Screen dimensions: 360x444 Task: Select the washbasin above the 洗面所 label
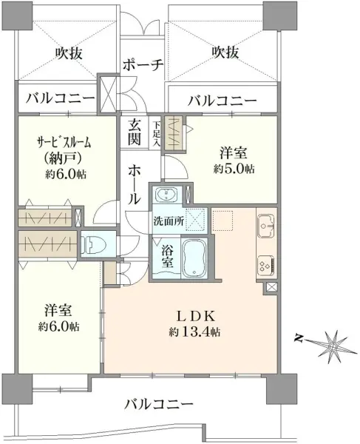tap(166, 195)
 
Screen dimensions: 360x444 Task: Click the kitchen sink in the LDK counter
tap(267, 226)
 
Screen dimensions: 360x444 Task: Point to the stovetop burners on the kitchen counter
tap(266, 266)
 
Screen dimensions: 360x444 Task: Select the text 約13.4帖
tap(195, 332)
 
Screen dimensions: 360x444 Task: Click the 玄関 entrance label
tap(134, 132)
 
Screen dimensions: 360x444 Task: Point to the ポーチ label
tap(143, 65)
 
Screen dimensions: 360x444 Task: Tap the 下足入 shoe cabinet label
tap(157, 134)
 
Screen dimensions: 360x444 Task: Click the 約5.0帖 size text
tap(234, 169)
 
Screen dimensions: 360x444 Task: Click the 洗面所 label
tap(169, 221)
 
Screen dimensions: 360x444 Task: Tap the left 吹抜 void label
tap(69, 53)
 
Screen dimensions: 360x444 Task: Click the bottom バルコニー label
tap(159, 404)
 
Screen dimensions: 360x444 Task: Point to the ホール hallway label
tap(134, 184)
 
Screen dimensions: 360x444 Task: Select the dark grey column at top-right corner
tap(280, 16)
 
